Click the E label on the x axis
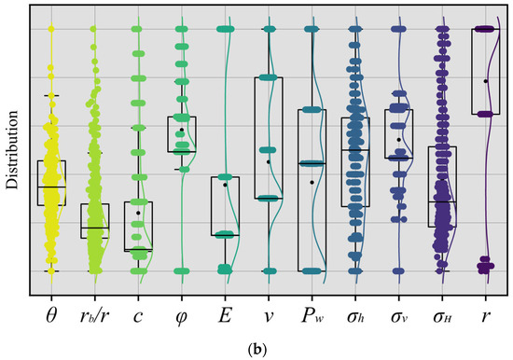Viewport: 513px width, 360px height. tap(225, 317)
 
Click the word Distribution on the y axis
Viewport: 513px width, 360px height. tap(13, 151)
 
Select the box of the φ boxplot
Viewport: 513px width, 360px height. tap(181, 133)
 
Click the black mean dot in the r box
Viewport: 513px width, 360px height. tap(486, 81)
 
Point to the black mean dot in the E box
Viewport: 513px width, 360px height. tap(225, 185)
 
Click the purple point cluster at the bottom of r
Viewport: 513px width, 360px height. tap(485, 266)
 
